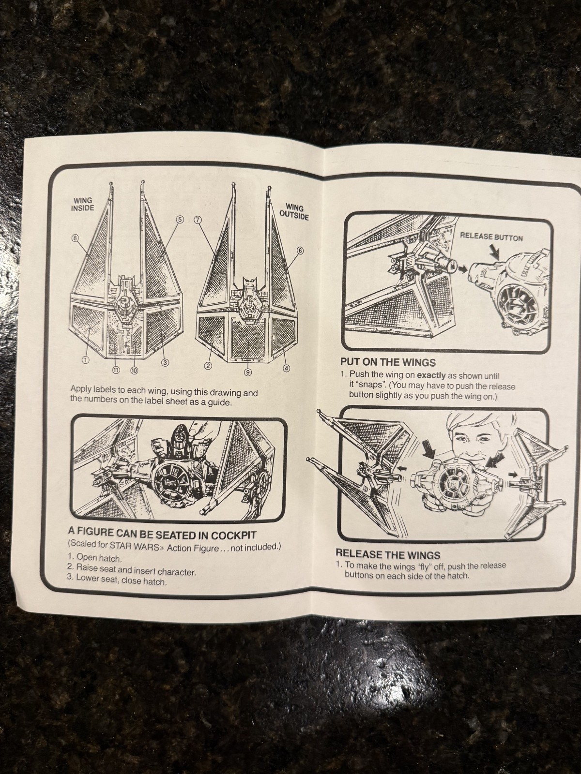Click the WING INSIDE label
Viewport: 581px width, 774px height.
(x=83, y=204)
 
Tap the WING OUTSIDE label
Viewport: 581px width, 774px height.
(x=294, y=212)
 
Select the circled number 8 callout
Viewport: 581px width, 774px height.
(x=75, y=238)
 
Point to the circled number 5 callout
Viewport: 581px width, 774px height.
(x=180, y=219)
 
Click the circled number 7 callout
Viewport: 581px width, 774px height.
(x=197, y=220)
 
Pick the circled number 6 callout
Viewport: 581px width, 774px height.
(x=300, y=250)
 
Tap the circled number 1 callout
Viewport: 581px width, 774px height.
(x=85, y=359)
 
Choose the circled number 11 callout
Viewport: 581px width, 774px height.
(x=116, y=370)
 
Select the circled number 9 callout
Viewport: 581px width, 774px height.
(x=247, y=372)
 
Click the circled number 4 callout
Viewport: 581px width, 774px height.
(x=286, y=368)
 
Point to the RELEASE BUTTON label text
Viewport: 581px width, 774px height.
(x=491, y=237)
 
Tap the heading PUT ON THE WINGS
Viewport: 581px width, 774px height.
(x=388, y=362)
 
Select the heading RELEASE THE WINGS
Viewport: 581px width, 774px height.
(x=388, y=553)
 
